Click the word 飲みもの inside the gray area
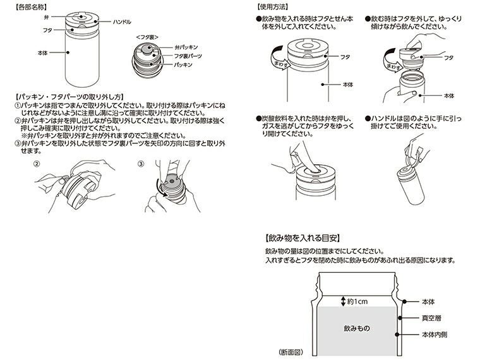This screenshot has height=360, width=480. tap(357, 329)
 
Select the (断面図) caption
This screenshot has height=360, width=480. tap(292, 351)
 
